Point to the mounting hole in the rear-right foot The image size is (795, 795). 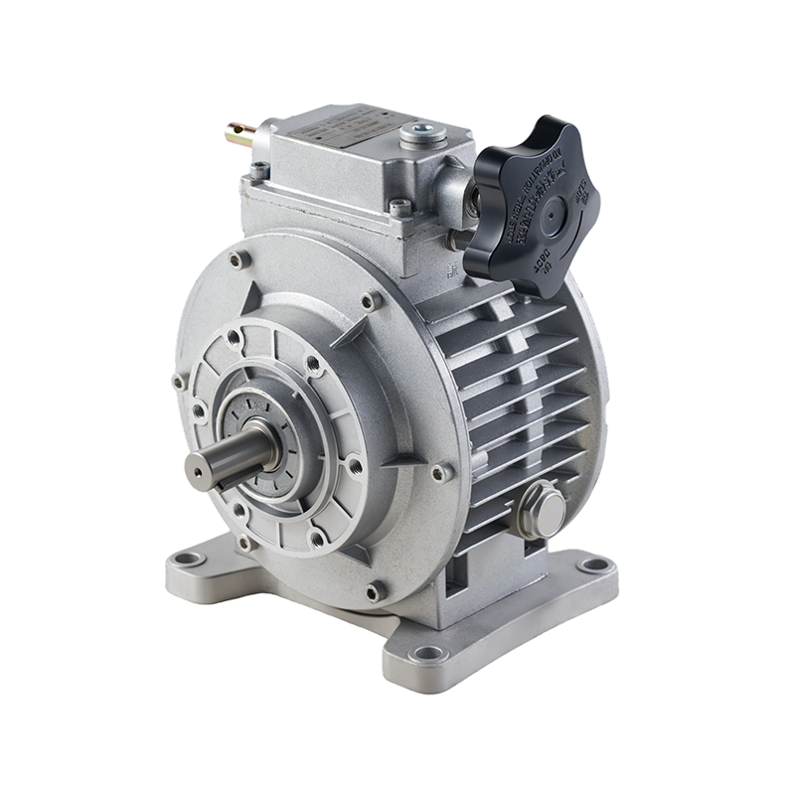[594, 565]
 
